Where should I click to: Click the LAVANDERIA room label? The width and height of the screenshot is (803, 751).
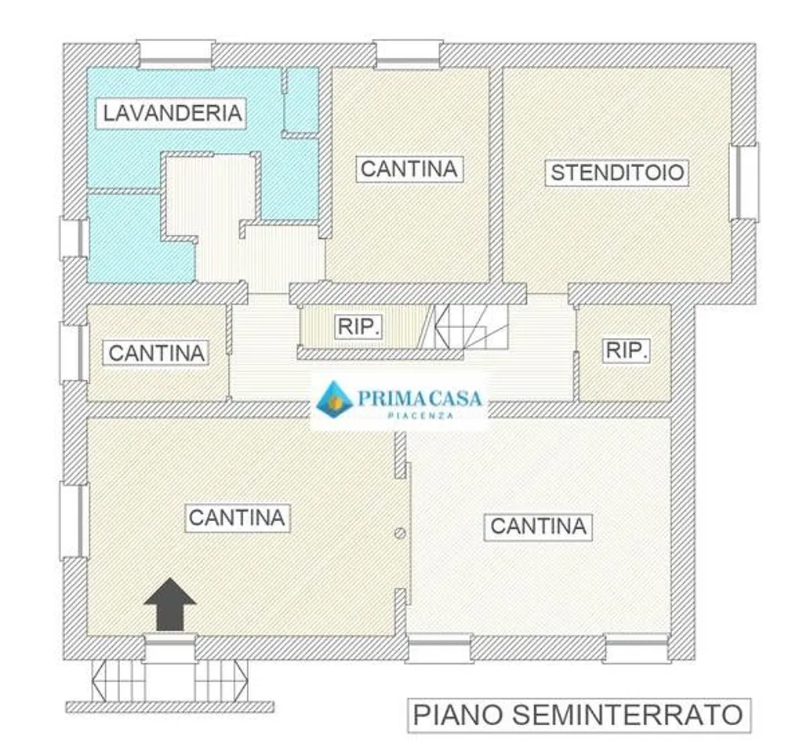[172, 113]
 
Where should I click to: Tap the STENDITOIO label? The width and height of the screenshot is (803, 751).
[616, 173]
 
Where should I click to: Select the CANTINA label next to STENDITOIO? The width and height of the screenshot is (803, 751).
[409, 170]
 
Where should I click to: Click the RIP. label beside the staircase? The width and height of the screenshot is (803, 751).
[358, 326]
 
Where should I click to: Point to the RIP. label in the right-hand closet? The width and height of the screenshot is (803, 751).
[627, 351]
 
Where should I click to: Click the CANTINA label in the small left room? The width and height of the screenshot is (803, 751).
[156, 352]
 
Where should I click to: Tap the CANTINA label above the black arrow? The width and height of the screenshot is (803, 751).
[237, 518]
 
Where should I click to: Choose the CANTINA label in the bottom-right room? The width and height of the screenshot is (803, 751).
[538, 527]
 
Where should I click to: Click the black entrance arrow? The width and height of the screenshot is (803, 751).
[170, 604]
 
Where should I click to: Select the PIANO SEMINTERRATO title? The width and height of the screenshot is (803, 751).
[579, 715]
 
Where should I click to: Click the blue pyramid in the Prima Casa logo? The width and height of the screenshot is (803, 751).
[334, 399]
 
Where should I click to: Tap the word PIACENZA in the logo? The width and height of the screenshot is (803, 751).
[420, 415]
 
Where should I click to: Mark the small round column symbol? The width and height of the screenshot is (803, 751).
[400, 533]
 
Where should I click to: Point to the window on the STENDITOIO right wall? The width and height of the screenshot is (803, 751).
[744, 182]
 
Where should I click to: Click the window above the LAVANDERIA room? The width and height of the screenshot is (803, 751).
[175, 54]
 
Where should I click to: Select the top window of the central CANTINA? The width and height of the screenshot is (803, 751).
[408, 54]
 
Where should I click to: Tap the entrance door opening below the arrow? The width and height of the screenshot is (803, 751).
[169, 648]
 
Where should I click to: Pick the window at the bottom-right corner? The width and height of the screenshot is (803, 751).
[637, 648]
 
